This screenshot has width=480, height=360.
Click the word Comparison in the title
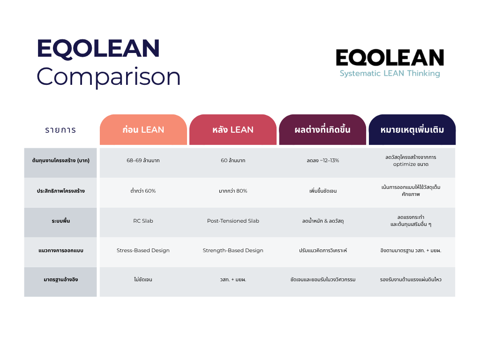click(x=109, y=77)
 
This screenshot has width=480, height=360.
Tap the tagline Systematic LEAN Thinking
click(x=390, y=74)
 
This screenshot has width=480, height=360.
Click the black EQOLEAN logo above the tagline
click(x=390, y=58)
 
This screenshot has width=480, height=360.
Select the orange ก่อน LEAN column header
click(x=143, y=129)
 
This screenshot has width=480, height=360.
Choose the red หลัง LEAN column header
click(x=233, y=129)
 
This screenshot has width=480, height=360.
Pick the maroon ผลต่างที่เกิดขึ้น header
click(x=322, y=129)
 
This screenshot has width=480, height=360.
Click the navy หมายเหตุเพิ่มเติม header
click(x=412, y=129)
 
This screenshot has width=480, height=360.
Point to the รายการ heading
click(x=60, y=130)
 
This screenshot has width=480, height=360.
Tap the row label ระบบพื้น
click(x=60, y=221)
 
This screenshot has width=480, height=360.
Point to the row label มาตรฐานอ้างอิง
click(x=60, y=279)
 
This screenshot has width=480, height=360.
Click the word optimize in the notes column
click(x=405, y=165)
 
